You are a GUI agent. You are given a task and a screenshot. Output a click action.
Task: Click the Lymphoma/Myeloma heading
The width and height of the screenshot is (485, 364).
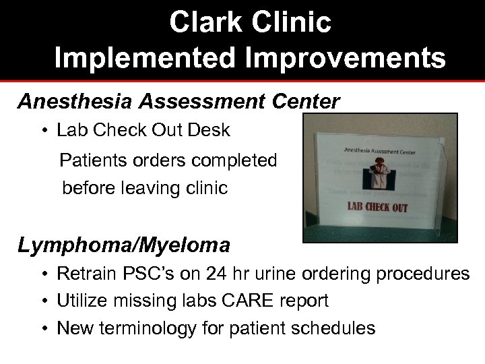[x=123, y=245]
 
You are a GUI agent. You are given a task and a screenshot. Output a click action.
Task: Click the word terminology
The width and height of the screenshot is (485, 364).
[x=150, y=328]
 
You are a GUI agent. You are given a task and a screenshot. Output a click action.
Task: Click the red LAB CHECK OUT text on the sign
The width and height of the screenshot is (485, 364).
[x=377, y=206]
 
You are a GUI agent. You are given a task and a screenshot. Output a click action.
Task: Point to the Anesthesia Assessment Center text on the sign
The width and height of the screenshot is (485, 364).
[x=380, y=150]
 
